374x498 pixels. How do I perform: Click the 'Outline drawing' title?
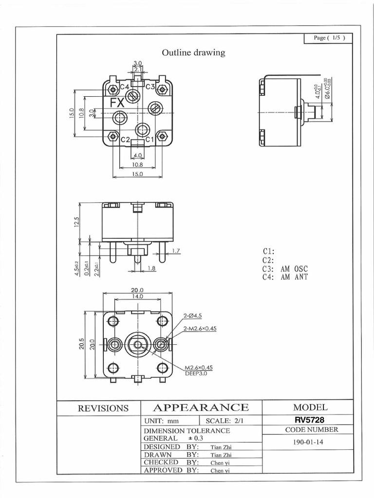[x=193, y=53]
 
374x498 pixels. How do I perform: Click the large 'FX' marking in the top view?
[x=117, y=103]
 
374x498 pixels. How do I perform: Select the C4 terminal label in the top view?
[x=124, y=87]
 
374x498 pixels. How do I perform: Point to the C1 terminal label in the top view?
[x=150, y=140]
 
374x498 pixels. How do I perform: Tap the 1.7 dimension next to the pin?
[x=176, y=251]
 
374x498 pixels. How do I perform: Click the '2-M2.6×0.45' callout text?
[x=200, y=328]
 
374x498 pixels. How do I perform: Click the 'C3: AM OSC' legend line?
[x=285, y=268]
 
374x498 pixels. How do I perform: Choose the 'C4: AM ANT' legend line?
[x=285, y=277]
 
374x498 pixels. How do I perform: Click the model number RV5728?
[x=308, y=420]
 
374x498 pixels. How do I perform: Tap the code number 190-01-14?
[x=308, y=443]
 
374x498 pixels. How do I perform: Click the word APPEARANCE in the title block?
[x=201, y=408]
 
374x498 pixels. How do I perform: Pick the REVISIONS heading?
[x=104, y=409]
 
